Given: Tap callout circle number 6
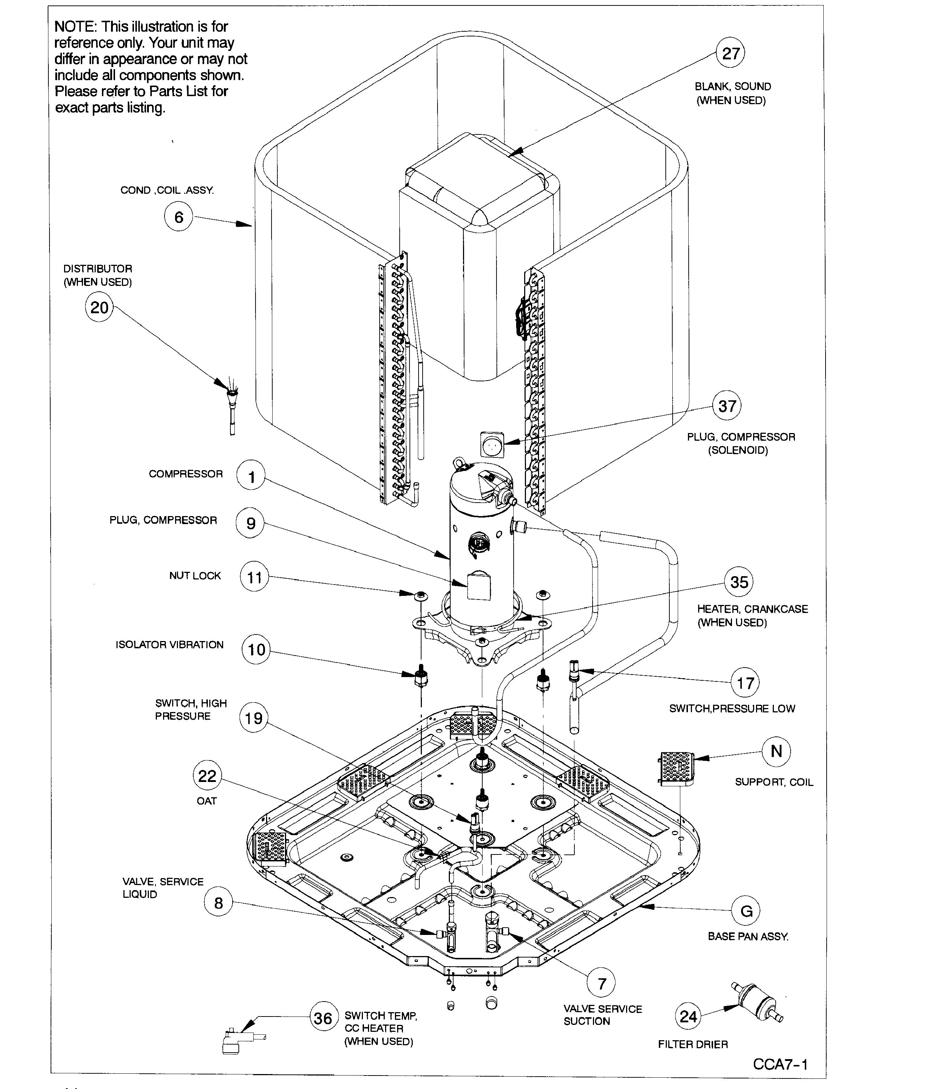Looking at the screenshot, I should [178, 217].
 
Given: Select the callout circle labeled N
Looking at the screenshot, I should [776, 751].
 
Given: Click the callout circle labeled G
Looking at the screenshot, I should [746, 911].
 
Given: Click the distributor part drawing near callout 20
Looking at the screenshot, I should [231, 405].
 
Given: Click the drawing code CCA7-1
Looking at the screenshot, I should [780, 1064].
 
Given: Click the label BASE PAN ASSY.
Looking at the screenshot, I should [748, 936].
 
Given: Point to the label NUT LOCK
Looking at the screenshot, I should [195, 576].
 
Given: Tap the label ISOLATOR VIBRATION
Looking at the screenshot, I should [170, 645].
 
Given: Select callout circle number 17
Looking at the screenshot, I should [745, 683].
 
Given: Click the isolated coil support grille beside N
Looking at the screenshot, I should [676, 768].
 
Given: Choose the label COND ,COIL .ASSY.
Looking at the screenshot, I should [167, 190].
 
